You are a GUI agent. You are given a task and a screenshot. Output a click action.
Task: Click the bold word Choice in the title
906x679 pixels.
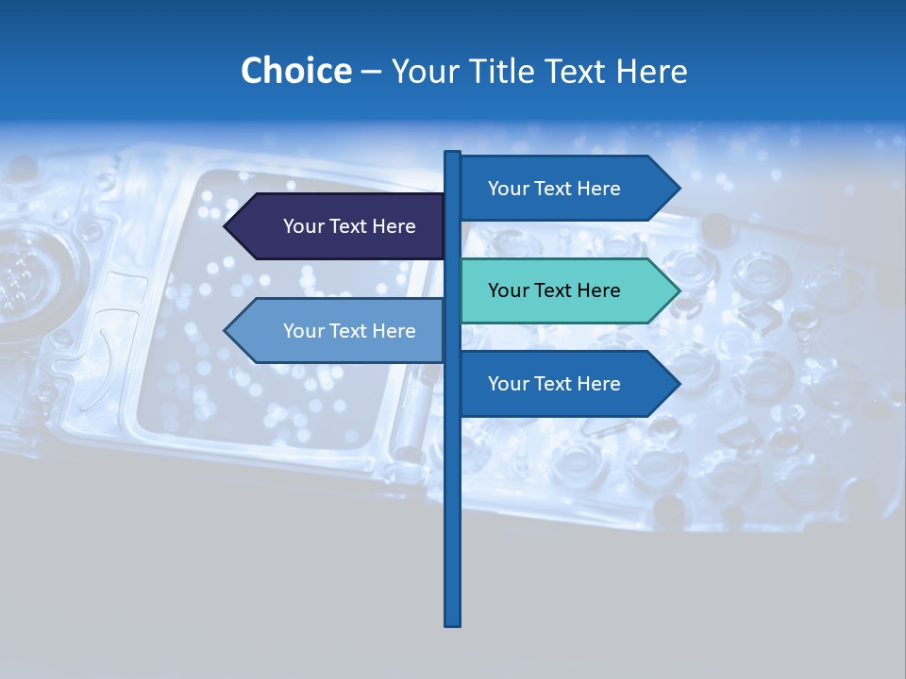pyautogui.click(x=295, y=71)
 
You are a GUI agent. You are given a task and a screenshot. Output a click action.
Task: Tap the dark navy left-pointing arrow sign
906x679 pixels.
pyautogui.click(x=340, y=226)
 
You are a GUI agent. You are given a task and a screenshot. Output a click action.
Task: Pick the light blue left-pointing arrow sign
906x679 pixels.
pyautogui.click(x=340, y=331)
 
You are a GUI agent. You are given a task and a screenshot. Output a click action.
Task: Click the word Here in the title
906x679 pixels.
pyautogui.click(x=651, y=71)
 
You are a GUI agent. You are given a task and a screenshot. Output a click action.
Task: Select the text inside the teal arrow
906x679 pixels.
pyautogui.click(x=554, y=290)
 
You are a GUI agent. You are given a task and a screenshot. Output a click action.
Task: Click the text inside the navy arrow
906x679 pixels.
pyautogui.click(x=349, y=226)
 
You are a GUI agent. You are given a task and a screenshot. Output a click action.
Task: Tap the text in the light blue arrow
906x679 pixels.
pyautogui.click(x=349, y=331)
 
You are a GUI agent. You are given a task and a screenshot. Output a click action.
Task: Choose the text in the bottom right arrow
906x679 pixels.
pyautogui.click(x=554, y=384)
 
